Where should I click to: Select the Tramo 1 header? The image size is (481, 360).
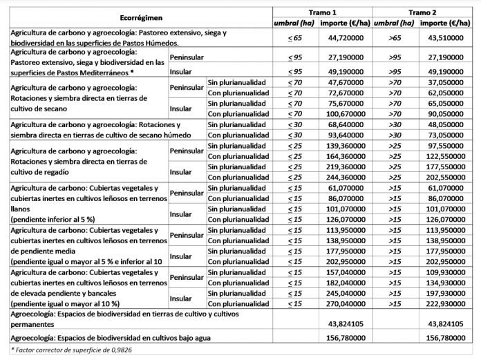[323, 12]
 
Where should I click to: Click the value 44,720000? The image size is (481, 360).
[346, 37]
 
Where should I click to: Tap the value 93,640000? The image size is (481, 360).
[346, 136]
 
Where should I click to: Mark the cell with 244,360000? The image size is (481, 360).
[346, 178]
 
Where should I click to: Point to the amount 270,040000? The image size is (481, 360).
[346, 303]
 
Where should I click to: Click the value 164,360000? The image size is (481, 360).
[346, 157]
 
